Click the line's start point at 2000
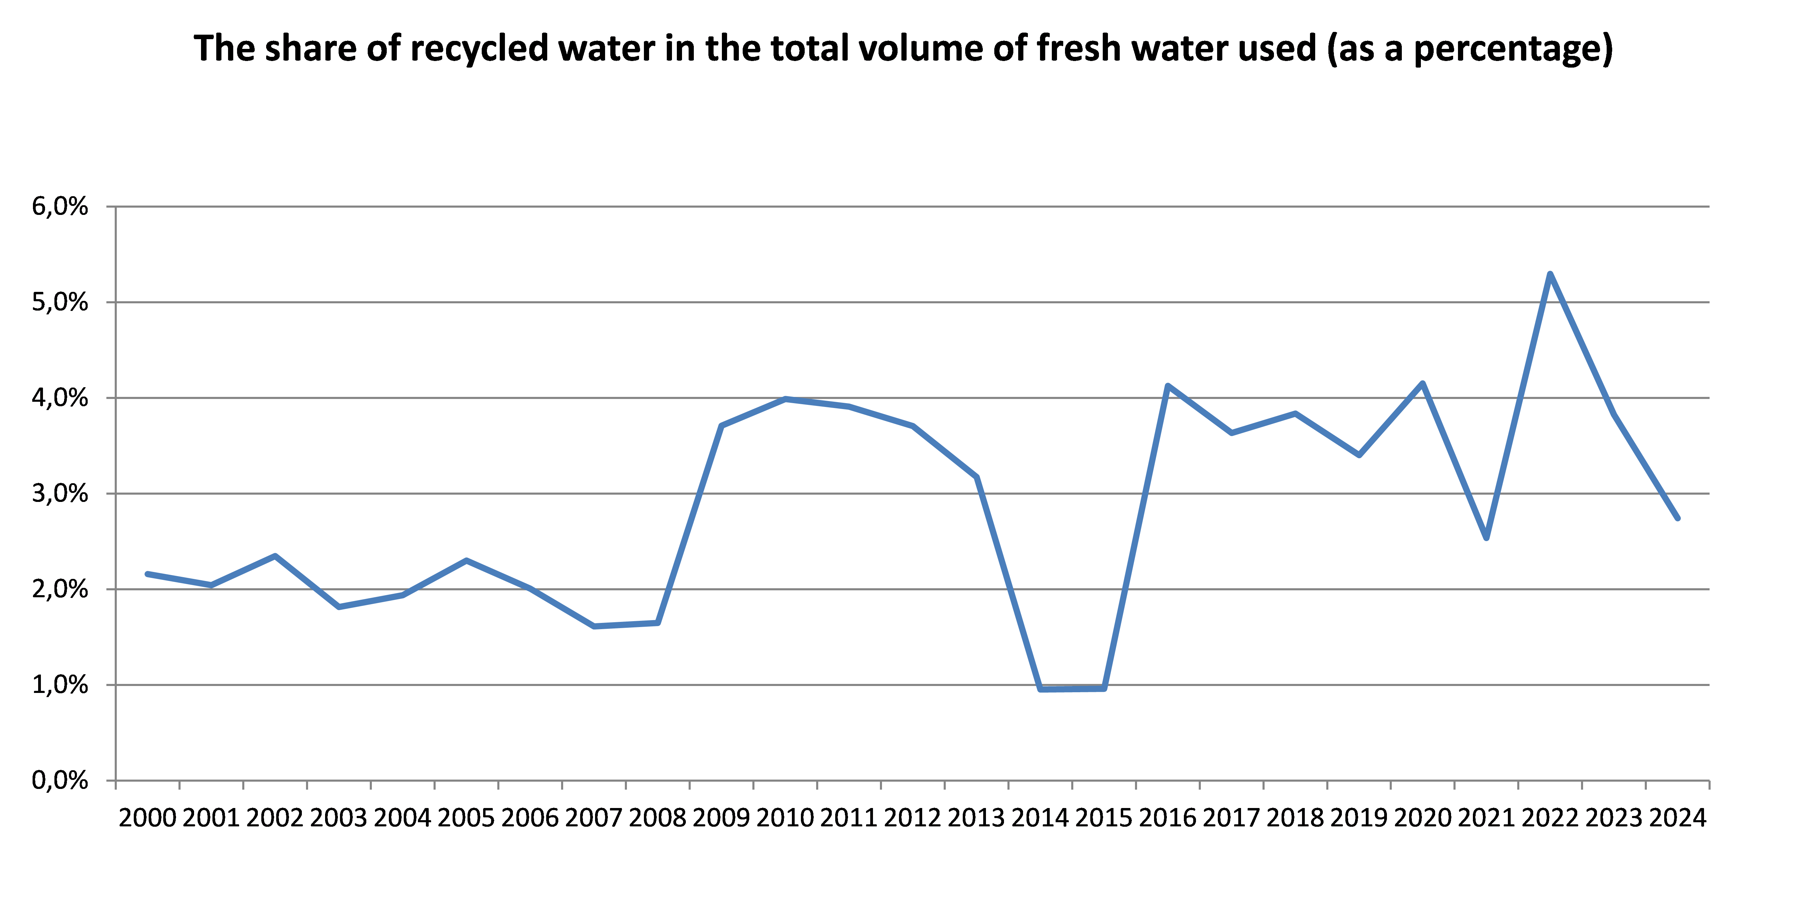tap(147, 574)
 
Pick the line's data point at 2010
tap(785, 399)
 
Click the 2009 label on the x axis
tap(721, 818)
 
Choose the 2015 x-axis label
tap(1103, 818)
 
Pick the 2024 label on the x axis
tap(1677, 818)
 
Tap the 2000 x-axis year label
tap(147, 818)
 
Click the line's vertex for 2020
tap(1423, 383)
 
